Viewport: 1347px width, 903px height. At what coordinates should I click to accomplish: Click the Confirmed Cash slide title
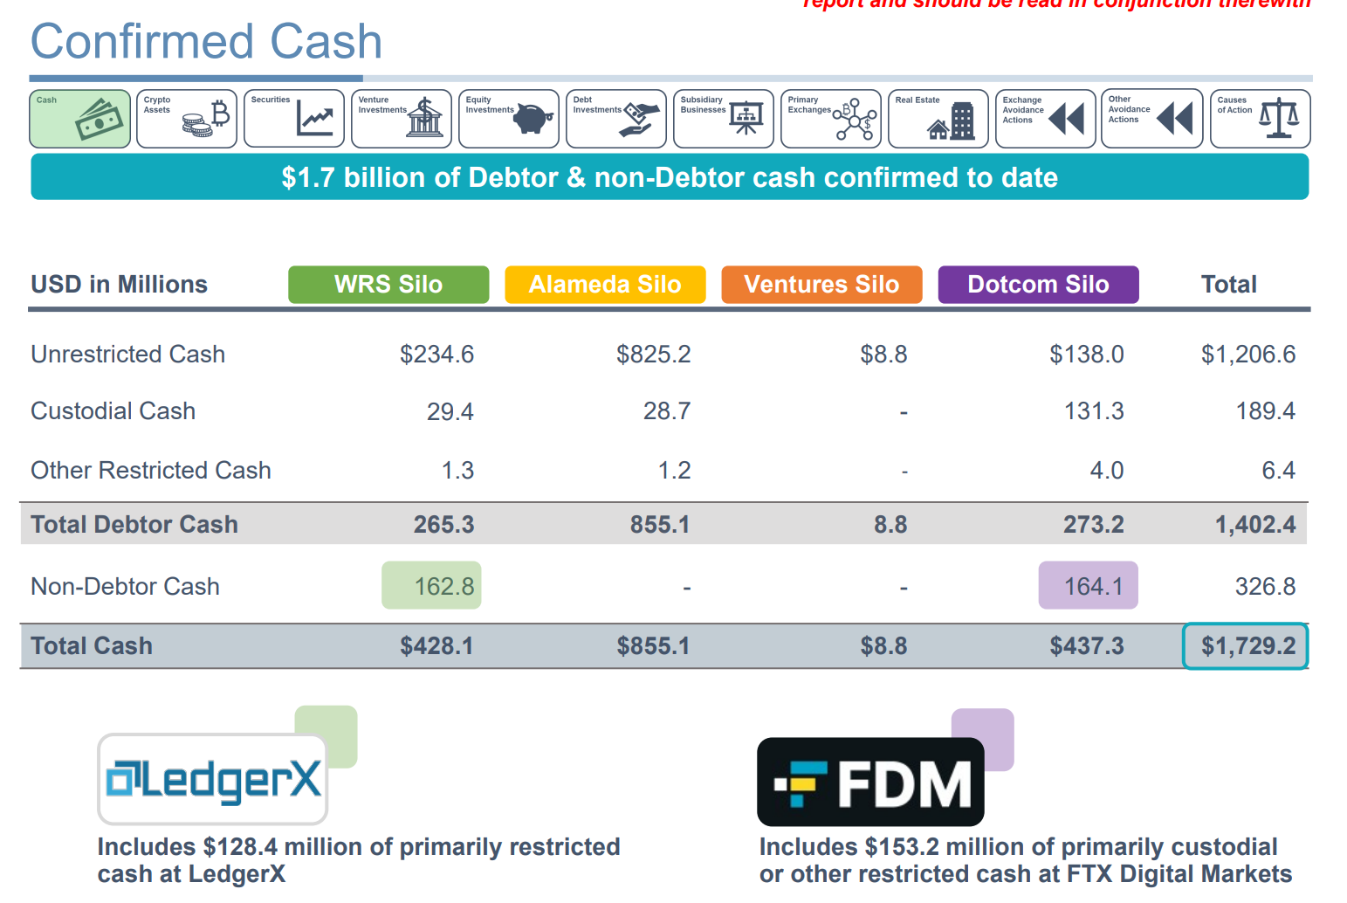pyautogui.click(x=206, y=41)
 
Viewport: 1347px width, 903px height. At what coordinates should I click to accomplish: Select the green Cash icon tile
pyautogui.click(x=80, y=119)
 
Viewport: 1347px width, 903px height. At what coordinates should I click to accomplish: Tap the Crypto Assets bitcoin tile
pyautogui.click(x=187, y=119)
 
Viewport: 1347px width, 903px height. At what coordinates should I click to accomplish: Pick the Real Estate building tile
pyautogui.click(x=938, y=119)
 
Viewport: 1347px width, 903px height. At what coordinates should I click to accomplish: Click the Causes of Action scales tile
pyautogui.click(x=1260, y=119)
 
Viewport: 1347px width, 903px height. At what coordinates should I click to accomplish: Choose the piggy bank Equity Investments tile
pyautogui.click(x=509, y=119)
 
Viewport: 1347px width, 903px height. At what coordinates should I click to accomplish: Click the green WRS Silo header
pyautogui.click(x=388, y=285)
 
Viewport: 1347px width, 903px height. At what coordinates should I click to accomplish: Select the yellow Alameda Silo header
pyautogui.click(x=605, y=285)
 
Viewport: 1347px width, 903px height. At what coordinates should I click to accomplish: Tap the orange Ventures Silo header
pyautogui.click(x=821, y=285)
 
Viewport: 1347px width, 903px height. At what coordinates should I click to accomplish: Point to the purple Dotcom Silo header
pyautogui.click(x=1038, y=285)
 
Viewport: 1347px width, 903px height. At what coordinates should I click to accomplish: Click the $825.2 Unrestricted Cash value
pyautogui.click(x=653, y=355)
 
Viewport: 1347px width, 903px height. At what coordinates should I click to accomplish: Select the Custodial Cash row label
pyautogui.click(x=113, y=411)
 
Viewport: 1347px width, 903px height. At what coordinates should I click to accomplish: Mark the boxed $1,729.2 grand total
pyautogui.click(x=1246, y=646)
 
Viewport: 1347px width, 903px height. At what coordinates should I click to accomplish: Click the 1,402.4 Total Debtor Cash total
pyautogui.click(x=1254, y=525)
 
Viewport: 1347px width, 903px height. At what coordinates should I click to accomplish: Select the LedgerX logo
pyautogui.click(x=213, y=780)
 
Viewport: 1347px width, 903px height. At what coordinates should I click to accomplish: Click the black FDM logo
pyautogui.click(x=870, y=782)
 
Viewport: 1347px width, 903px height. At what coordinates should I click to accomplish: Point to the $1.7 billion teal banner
pyautogui.click(x=670, y=177)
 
